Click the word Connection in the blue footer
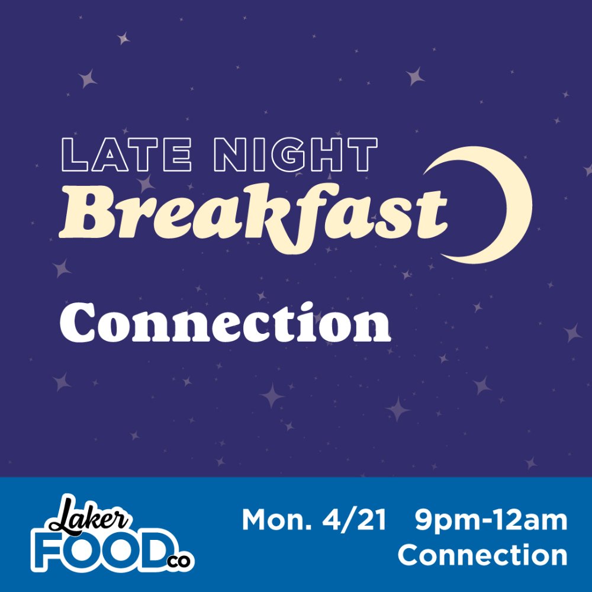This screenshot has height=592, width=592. tap(482, 555)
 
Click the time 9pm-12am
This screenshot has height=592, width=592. tap(491, 521)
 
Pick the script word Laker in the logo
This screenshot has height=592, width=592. tap(89, 516)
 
